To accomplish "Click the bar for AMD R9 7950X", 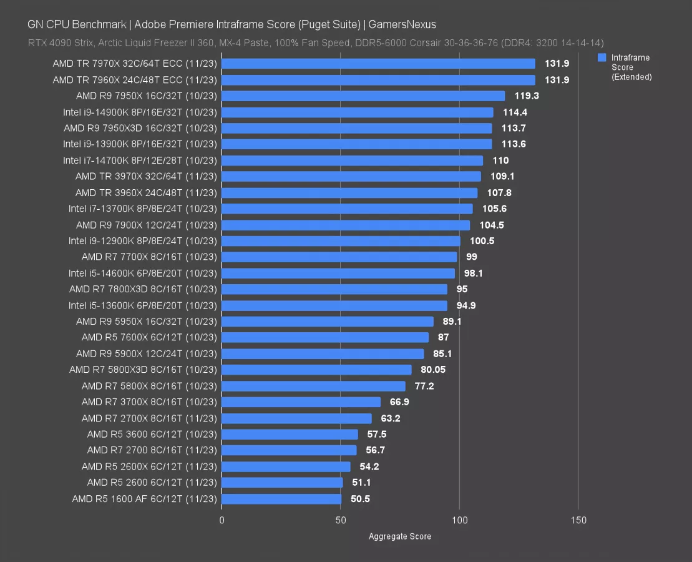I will point(363,96).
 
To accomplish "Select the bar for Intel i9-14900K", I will point(358,112).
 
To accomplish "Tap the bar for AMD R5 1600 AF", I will point(281,499).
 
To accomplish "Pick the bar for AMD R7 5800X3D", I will point(316,370).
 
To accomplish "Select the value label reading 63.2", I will point(391,418).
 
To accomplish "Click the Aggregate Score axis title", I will point(399,536).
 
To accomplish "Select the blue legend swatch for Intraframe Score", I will point(602,57).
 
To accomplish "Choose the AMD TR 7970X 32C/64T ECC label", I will point(135,64).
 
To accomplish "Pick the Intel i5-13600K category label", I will point(143,305).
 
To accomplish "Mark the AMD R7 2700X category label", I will point(149,418).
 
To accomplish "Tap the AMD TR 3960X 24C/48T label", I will point(146,192).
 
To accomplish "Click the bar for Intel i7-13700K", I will point(347,209).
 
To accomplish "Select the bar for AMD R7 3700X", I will point(301,402).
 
